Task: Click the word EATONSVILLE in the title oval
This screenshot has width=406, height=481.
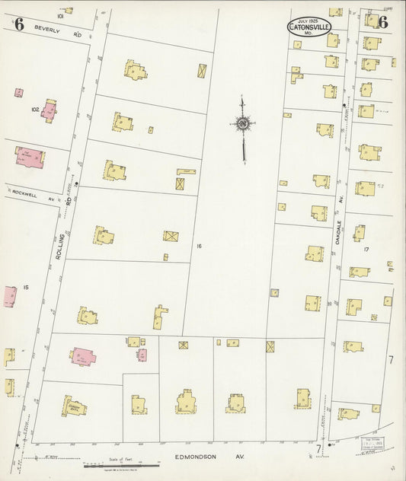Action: [x=309, y=28]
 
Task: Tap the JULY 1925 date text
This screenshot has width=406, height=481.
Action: [x=309, y=20]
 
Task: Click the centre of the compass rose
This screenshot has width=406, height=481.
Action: [x=242, y=123]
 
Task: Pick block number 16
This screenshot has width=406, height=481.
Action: [x=197, y=246]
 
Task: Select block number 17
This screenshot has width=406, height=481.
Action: [x=366, y=249]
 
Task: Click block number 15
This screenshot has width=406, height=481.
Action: [x=25, y=287]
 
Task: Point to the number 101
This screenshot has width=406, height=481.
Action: [x=59, y=15]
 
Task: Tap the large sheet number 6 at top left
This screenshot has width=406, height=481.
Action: [x=19, y=24]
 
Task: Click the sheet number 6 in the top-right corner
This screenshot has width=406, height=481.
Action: [x=382, y=23]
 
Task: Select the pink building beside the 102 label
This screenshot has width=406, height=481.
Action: [x=50, y=110]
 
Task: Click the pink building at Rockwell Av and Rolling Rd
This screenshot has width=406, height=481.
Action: [x=29, y=157]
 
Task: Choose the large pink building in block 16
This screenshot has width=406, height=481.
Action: [x=83, y=355]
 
